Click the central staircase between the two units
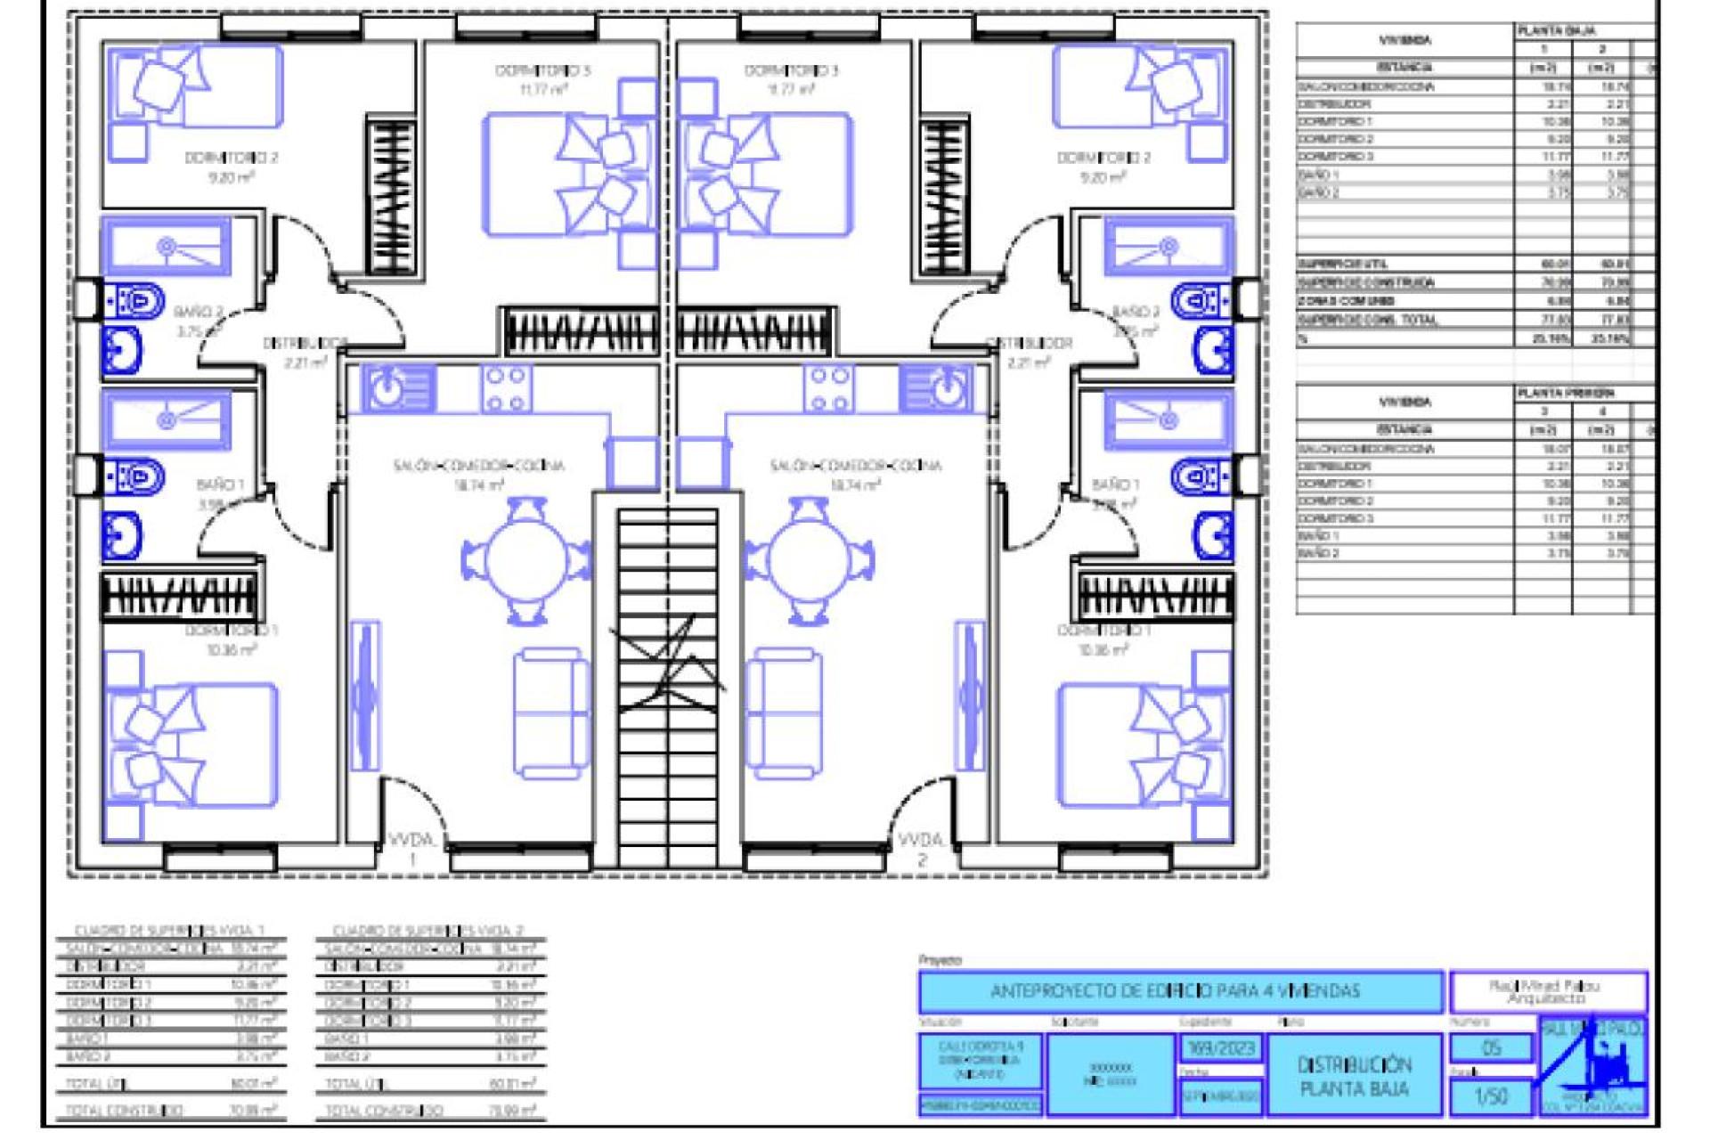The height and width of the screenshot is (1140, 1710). (667, 686)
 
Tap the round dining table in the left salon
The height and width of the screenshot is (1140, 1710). (525, 561)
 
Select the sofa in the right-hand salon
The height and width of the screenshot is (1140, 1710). (784, 712)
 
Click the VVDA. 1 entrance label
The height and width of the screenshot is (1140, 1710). (411, 848)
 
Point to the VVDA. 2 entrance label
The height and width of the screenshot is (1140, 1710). (921, 848)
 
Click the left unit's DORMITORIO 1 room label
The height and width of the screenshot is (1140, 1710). (232, 631)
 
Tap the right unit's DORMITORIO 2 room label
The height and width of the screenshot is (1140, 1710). (1103, 158)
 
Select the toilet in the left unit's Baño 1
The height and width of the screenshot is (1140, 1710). (135, 478)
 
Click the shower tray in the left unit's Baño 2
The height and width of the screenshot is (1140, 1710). (167, 246)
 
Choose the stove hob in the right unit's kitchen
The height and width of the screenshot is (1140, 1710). (828, 389)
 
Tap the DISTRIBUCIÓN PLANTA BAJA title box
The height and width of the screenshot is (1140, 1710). (1354, 1076)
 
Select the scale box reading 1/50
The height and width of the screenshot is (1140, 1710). (1491, 1097)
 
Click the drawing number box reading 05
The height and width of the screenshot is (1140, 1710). (1491, 1048)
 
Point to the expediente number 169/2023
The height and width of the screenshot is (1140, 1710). (1221, 1048)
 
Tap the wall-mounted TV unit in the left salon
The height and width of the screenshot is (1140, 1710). (364, 695)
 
